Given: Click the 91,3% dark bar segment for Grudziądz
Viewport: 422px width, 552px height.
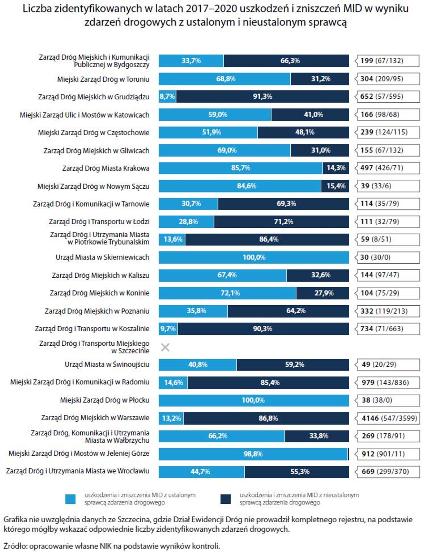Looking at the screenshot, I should [x=262, y=97].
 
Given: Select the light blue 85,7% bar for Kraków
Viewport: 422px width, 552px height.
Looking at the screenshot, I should [x=241, y=168].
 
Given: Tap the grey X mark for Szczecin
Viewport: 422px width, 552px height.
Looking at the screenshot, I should [x=165, y=347].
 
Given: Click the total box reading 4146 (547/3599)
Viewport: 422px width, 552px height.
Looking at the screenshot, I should [x=389, y=418].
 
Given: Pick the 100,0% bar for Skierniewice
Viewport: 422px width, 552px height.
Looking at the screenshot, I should [x=254, y=257].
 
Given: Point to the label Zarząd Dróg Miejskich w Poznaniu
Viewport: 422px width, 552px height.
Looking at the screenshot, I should [x=97, y=311].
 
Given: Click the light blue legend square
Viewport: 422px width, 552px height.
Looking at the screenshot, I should [x=70, y=499].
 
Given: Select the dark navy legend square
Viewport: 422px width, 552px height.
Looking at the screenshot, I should [x=225, y=499].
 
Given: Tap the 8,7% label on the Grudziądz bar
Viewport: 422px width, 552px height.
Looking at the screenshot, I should [x=167, y=97].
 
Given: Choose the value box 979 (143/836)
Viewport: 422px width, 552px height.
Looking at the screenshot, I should [x=388, y=383].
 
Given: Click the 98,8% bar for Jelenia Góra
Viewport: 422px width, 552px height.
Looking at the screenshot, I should [x=253, y=454].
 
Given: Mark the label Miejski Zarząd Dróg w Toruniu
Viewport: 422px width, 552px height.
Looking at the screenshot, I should [x=103, y=79].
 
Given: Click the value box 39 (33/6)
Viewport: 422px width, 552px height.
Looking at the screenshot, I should [x=388, y=186].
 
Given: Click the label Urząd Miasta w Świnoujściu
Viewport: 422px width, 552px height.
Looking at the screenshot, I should [x=107, y=365].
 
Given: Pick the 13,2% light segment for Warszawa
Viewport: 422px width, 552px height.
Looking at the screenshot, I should [x=171, y=418].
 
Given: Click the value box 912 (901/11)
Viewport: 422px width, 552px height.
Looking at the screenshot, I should [x=388, y=454].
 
